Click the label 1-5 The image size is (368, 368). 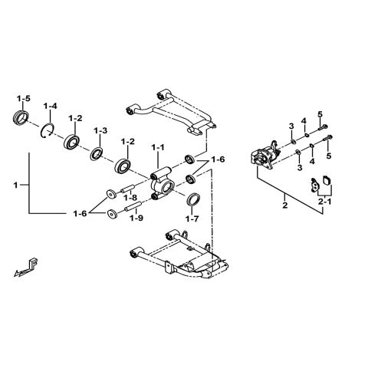23,99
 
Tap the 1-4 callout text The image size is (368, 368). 51,105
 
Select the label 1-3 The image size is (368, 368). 100,131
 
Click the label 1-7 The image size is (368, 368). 192,218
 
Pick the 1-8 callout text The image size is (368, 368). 131,198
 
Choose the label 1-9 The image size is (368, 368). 136,218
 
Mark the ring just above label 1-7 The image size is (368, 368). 195,201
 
